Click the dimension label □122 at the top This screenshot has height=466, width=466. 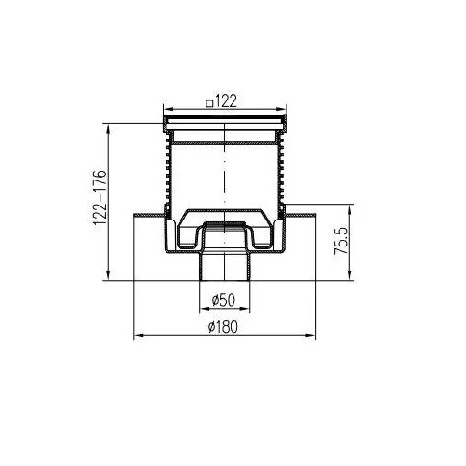(221, 100)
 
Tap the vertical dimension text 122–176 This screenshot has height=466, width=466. (100, 197)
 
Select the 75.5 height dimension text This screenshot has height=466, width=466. (341, 241)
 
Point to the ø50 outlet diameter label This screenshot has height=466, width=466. (223, 300)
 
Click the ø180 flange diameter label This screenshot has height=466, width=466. (223, 326)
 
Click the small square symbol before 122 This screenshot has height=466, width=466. (210, 102)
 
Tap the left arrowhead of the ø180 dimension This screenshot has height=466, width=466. (138, 335)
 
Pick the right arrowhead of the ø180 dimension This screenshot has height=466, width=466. (311, 335)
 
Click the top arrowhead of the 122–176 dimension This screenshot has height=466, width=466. (108, 128)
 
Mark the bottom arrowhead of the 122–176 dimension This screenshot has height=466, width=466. (108, 275)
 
